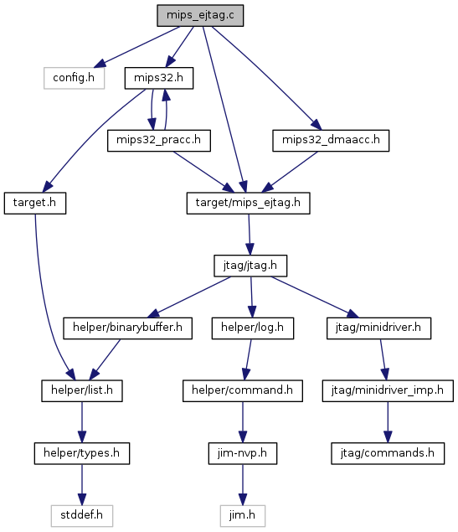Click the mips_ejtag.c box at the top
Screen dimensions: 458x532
pos(200,15)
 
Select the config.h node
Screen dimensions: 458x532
pos(74,78)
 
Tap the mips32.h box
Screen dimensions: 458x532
pos(159,78)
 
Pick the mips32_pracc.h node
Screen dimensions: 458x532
pos(159,141)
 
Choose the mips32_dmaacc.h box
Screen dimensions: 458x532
pos(331,141)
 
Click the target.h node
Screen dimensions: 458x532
pos(35,203)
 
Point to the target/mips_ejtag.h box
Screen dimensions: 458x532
pos(248,203)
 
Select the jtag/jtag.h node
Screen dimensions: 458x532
pos(250,266)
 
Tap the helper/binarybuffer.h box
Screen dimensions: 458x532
pos(128,328)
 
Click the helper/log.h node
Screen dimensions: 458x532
pos(253,328)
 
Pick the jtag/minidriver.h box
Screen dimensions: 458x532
pos(379,328)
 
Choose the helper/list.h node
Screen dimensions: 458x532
pos(82,391)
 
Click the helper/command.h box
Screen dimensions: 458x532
pos(243,391)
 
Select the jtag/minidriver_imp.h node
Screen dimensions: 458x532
pos(388,391)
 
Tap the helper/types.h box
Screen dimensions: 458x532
pos(82,453)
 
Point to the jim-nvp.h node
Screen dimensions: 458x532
pos(243,453)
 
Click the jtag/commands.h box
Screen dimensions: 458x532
pos(388,453)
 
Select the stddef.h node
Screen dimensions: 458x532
pos(82,516)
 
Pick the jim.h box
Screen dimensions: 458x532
pos(243,516)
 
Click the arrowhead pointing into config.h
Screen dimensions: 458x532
pos(100,64)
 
